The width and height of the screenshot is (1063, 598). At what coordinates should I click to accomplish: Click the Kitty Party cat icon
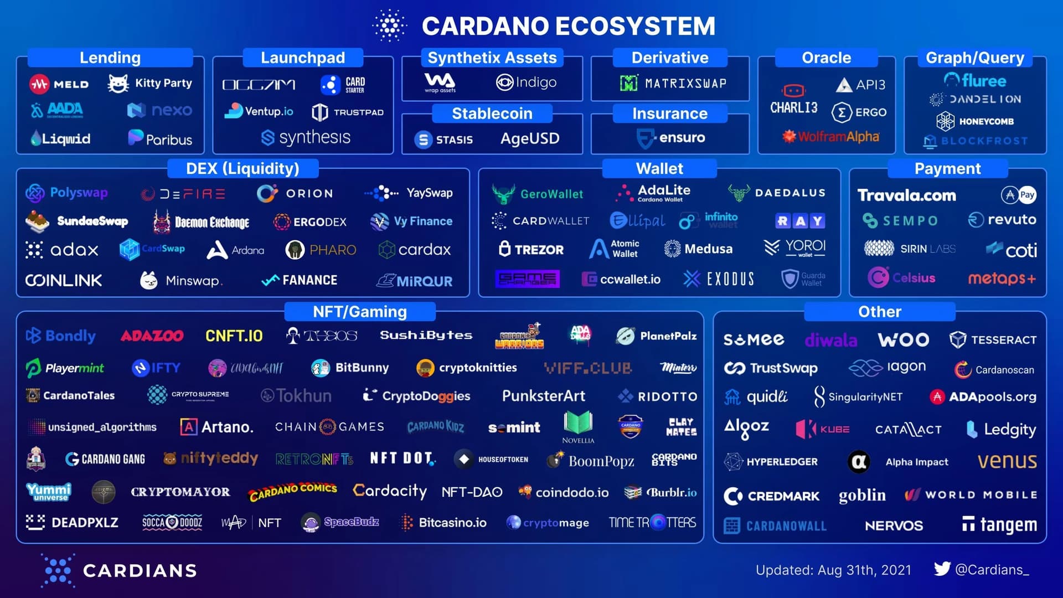118,84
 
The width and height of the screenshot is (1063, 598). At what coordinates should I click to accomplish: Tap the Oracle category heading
826,58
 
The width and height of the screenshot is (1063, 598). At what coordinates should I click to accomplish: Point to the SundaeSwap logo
37,221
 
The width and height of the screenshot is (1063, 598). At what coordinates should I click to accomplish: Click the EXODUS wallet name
730,279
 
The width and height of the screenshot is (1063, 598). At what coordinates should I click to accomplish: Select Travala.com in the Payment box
906,195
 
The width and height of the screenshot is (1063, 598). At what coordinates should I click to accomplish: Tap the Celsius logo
878,277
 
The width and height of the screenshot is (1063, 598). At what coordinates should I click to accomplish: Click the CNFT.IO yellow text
234,336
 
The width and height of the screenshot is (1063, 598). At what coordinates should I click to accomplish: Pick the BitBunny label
362,368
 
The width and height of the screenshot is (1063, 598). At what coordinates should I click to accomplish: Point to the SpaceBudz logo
311,522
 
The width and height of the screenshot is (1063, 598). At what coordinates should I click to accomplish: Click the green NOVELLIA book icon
578,424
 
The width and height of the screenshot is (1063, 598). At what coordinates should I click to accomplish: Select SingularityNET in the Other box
865,397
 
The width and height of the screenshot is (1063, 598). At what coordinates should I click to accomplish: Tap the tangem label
1008,524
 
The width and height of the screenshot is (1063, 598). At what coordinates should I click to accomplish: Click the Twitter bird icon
942,569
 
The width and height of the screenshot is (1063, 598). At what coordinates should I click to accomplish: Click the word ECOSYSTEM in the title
635,26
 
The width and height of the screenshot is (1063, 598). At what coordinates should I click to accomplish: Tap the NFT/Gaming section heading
359,312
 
